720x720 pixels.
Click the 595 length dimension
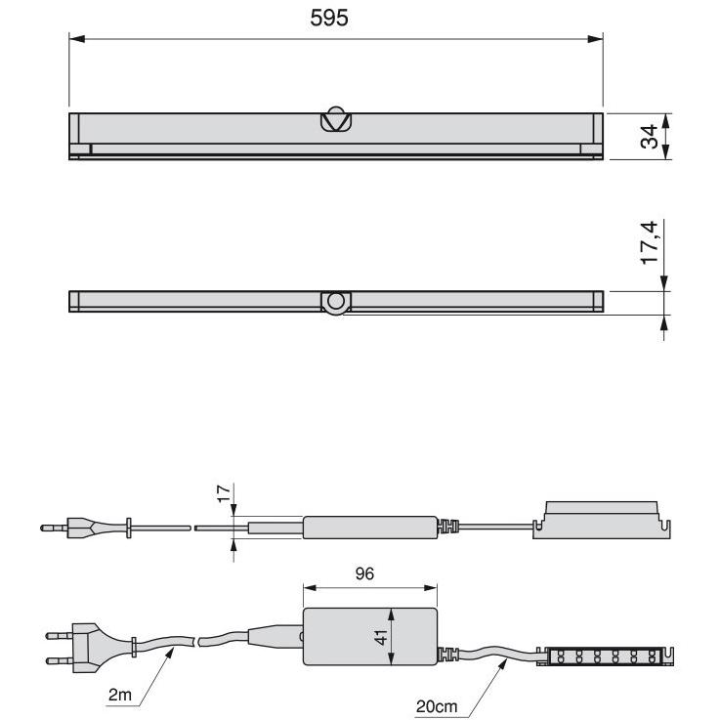[329, 18]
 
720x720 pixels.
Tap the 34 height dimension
[649, 137]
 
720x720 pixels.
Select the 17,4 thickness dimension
[650, 242]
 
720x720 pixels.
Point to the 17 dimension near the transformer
[224, 493]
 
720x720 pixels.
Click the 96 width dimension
[364, 573]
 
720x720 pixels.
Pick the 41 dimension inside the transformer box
[381, 637]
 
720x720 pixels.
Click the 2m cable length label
[120, 695]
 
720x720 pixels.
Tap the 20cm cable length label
[437, 706]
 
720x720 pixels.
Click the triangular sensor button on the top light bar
[336, 119]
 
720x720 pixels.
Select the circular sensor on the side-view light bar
[336, 302]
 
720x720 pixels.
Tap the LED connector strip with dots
[604, 656]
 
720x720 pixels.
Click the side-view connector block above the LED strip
[602, 520]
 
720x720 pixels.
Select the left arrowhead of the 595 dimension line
[76, 39]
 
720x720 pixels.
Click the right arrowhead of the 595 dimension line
[595, 39]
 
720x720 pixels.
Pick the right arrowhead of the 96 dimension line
[431, 588]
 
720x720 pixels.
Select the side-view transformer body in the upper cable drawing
[370, 528]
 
